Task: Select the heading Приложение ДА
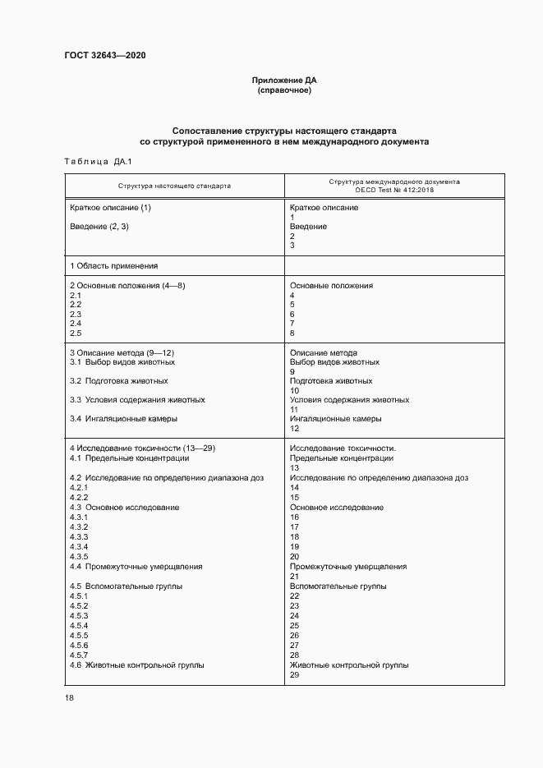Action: coord(284,80)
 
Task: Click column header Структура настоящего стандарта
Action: coord(174,186)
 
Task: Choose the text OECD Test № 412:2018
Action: coord(394,190)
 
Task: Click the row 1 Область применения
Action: coord(113,265)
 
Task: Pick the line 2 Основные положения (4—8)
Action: coord(127,286)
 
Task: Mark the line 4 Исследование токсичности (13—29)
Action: coord(142,448)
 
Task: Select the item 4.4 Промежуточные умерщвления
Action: coord(136,567)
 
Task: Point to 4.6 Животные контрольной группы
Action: coord(136,665)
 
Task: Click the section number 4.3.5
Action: coord(79,557)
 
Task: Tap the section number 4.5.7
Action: coord(79,655)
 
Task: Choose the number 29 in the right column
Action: coord(295,675)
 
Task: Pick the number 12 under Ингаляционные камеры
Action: coord(295,429)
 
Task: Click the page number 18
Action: coord(69,698)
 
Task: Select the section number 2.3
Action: coord(76,315)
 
